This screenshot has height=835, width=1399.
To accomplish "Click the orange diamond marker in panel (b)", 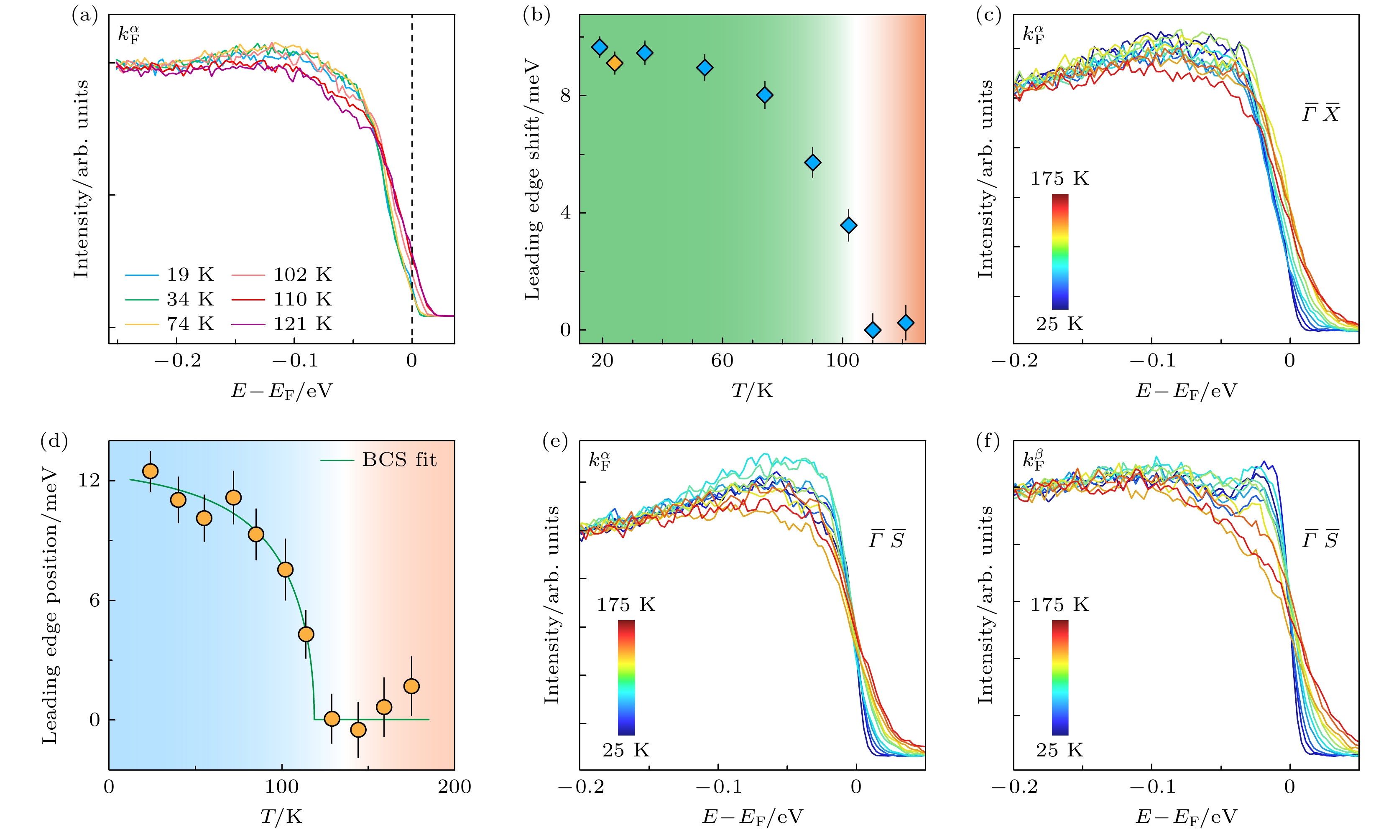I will click(615, 63).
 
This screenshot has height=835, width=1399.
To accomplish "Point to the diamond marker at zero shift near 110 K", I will click(872, 330).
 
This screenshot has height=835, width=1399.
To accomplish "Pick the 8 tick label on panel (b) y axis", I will click(565, 96).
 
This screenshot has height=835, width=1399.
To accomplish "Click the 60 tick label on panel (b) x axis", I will click(722, 360).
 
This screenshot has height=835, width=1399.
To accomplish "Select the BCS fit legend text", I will click(399, 460).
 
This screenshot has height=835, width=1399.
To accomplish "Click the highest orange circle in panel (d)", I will click(150, 471).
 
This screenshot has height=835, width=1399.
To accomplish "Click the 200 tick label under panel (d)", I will click(454, 787).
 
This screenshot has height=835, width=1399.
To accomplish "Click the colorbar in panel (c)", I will click(1059, 252).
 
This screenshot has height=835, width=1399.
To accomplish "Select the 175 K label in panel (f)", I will click(1059, 605).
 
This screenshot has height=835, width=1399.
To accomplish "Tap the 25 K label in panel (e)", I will click(626, 750).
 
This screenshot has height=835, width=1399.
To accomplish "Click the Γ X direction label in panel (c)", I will click(1320, 114).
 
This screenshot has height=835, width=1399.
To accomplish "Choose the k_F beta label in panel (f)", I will click(1034, 460).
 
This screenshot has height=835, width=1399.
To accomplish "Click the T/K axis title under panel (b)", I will click(752, 390).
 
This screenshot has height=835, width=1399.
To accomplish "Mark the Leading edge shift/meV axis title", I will click(532, 180).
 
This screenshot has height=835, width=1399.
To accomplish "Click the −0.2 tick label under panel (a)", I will click(177, 360).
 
